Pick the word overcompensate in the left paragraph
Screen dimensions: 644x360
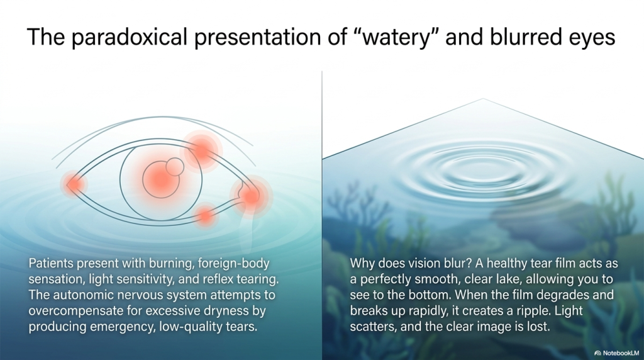(75, 311)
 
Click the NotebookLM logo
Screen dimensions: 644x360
(617, 353)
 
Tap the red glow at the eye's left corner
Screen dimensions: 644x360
(74, 184)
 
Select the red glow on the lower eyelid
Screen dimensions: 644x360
(204, 216)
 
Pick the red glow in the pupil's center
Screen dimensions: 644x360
(161, 179)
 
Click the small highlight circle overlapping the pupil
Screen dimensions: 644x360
(175, 167)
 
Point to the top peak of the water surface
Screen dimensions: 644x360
(483, 99)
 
